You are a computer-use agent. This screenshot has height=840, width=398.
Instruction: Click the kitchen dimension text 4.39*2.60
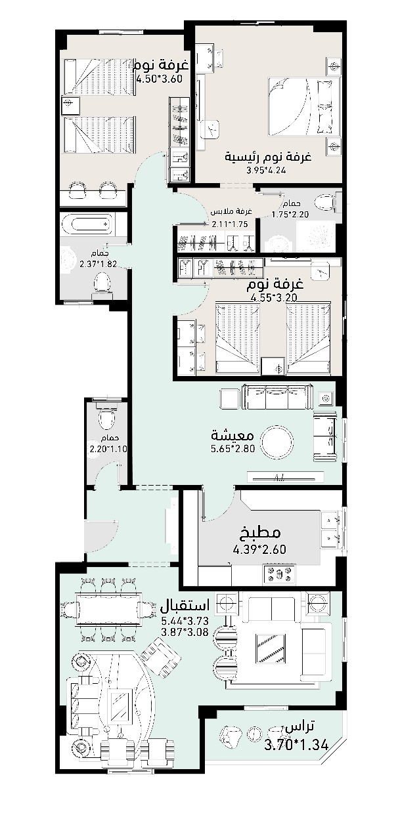pos(259,550)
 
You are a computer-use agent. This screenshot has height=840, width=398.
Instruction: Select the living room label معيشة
pos(232,436)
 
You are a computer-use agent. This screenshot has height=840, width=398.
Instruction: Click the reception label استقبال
pos(185,605)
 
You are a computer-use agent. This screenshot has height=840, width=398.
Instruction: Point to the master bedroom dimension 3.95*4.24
pos(266,170)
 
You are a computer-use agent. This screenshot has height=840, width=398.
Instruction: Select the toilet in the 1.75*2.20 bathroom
pos(325,203)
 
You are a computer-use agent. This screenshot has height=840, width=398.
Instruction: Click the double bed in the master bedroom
pos(304,107)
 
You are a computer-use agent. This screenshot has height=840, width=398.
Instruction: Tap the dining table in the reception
pos(109,607)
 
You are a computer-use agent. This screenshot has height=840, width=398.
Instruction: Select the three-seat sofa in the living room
pos(278,397)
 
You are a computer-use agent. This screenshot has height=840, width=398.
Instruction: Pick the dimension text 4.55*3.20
pos(274,298)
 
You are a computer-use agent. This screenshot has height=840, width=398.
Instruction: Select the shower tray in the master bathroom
pos(316,236)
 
